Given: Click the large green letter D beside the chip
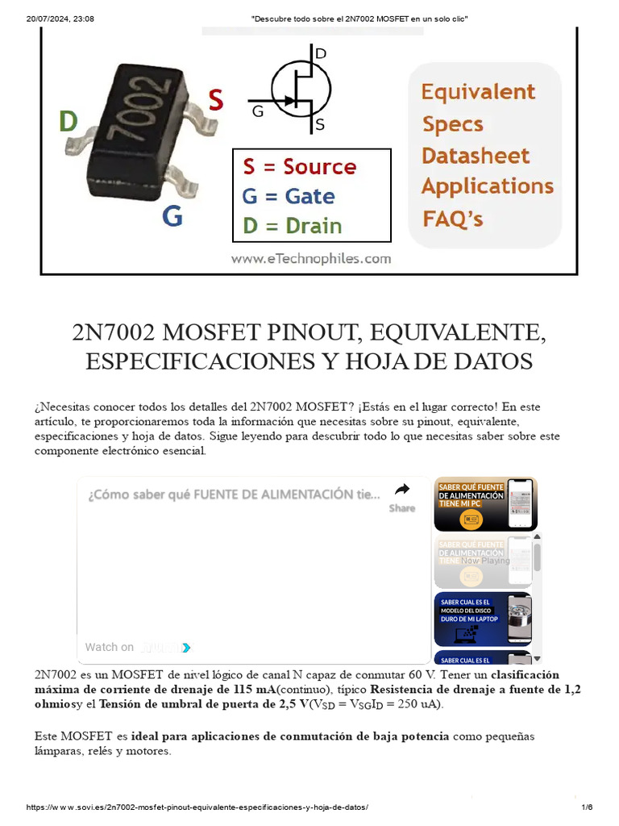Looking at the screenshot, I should click(x=69, y=122).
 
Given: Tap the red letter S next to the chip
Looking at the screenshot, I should click(x=216, y=100).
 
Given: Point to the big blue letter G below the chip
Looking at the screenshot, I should click(x=172, y=216).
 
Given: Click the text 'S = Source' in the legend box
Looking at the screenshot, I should click(x=299, y=167).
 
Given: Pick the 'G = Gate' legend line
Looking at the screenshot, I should click(x=288, y=197).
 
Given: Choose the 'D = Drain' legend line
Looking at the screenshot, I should click(x=292, y=226).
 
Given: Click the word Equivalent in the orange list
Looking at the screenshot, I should click(x=478, y=92).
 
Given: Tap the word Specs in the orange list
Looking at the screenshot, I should click(x=452, y=124).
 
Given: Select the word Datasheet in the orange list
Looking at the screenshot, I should click(x=476, y=156).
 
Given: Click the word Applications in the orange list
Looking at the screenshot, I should click(x=487, y=186).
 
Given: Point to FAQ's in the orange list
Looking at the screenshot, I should click(x=453, y=218).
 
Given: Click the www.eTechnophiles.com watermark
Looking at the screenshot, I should click(x=310, y=259).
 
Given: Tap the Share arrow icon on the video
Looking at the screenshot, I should click(x=402, y=490).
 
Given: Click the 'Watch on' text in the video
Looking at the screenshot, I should click(x=110, y=647).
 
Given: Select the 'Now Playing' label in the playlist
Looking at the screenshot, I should click(x=485, y=560).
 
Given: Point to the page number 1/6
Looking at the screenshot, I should click(x=587, y=807).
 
